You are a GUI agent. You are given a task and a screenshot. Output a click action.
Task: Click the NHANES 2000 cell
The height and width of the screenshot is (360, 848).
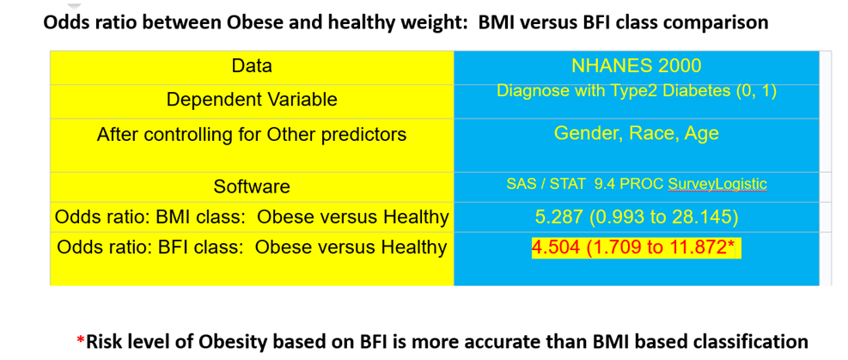tap(636, 66)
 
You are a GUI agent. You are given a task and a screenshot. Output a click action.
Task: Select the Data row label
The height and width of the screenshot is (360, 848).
tap(252, 66)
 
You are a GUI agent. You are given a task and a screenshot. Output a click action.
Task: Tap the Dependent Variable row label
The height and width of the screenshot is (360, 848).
tap(252, 100)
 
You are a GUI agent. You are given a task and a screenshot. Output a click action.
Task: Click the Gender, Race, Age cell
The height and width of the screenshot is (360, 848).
tap(637, 133)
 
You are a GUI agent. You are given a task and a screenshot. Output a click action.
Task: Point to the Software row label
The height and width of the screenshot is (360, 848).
tap(252, 186)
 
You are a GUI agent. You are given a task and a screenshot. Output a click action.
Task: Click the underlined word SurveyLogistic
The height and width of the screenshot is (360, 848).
tap(717, 185)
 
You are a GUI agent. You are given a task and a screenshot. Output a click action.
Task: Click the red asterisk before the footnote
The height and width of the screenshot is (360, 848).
tap(81, 340)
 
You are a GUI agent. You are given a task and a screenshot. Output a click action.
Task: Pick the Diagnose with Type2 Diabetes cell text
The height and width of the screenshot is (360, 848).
tap(637, 91)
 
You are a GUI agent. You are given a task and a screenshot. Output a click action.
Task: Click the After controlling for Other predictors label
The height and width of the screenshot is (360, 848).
tap(252, 134)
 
